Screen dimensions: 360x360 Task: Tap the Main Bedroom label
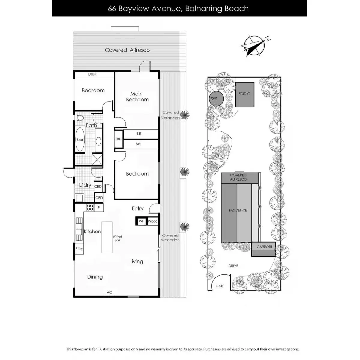(x=137, y=97)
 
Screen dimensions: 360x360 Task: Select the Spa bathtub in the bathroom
(x=80, y=139)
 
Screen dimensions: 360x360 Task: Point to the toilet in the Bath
(x=80, y=118)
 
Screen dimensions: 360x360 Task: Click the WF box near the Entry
(x=141, y=221)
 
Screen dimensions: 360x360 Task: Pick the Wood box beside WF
(x=153, y=221)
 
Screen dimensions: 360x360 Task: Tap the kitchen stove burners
(x=90, y=207)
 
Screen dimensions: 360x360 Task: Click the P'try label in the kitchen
(x=79, y=249)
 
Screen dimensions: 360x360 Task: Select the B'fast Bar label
(x=118, y=238)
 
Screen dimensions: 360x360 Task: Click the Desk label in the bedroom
(x=92, y=74)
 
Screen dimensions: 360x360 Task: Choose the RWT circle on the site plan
(x=214, y=98)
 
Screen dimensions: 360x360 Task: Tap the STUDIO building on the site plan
(x=244, y=94)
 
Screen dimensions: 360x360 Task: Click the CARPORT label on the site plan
(x=264, y=247)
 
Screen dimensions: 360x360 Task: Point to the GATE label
(x=220, y=286)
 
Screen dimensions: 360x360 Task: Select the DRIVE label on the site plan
(x=233, y=265)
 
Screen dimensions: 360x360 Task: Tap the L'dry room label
(x=85, y=185)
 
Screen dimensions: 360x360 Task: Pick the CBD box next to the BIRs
(x=118, y=139)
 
